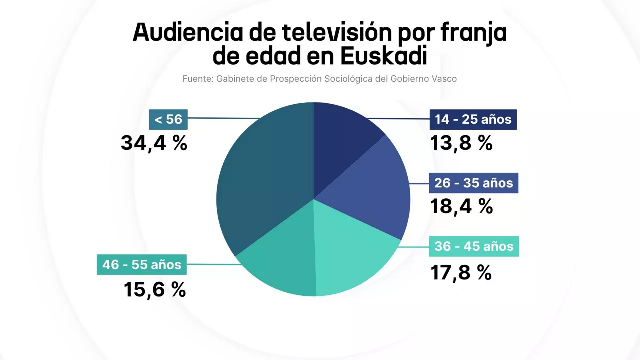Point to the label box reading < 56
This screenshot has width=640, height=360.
pyautogui.click(x=168, y=120)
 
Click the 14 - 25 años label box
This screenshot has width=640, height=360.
pyautogui.click(x=473, y=120)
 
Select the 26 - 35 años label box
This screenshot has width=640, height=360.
pyautogui.click(x=473, y=183)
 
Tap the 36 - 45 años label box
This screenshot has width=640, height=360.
pyautogui.click(x=474, y=246)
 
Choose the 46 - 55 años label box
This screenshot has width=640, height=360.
pyautogui.click(x=142, y=265)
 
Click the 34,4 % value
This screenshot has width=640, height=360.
pyautogui.click(x=154, y=143)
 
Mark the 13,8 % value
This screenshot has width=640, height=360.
pyautogui.click(x=461, y=143)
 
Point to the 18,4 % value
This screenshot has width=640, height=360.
pyautogui.click(x=461, y=206)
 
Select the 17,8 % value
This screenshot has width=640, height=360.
pyautogui.click(x=461, y=272)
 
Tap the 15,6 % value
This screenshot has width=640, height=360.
pyautogui.click(x=155, y=289)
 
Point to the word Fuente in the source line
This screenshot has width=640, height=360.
pyautogui.click(x=197, y=79)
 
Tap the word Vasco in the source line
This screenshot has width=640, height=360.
pyautogui.click(x=445, y=79)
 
